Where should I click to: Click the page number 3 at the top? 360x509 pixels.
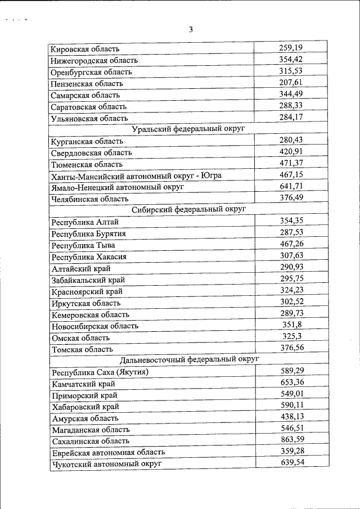tap(191, 29)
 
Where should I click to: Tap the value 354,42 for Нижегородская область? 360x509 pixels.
tap(291, 59)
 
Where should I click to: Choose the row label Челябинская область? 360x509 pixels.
tap(89, 199)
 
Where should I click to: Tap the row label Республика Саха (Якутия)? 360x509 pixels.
tap(100, 372)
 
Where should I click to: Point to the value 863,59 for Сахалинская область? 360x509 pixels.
tap(292, 440)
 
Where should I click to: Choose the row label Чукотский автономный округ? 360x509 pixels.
tap(106, 463)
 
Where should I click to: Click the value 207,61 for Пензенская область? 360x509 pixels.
tap(291, 82)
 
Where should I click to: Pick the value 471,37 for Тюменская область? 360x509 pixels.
tap(291, 163)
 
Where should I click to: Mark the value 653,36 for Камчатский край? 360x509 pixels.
tap(292, 382)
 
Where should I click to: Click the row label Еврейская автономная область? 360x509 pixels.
tap(109, 452)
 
